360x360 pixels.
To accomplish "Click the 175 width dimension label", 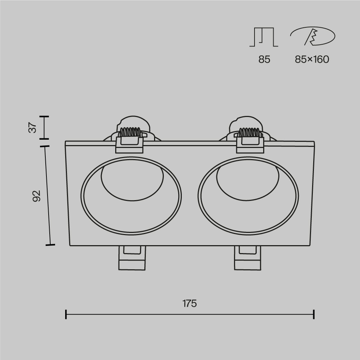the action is (x=190, y=303).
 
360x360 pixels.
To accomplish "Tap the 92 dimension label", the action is (x=37, y=196).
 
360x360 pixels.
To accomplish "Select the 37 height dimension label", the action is (x=32, y=128).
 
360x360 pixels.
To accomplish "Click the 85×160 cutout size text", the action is (x=312, y=59).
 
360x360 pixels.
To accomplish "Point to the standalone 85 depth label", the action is (x=264, y=59).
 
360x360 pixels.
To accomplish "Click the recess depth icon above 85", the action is (x=264, y=37).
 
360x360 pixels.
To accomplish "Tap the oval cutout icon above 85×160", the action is (x=313, y=36).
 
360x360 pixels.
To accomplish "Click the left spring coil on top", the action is (x=130, y=132).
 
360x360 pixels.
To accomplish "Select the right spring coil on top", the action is (x=250, y=132).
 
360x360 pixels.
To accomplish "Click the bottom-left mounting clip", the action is (x=132, y=258).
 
